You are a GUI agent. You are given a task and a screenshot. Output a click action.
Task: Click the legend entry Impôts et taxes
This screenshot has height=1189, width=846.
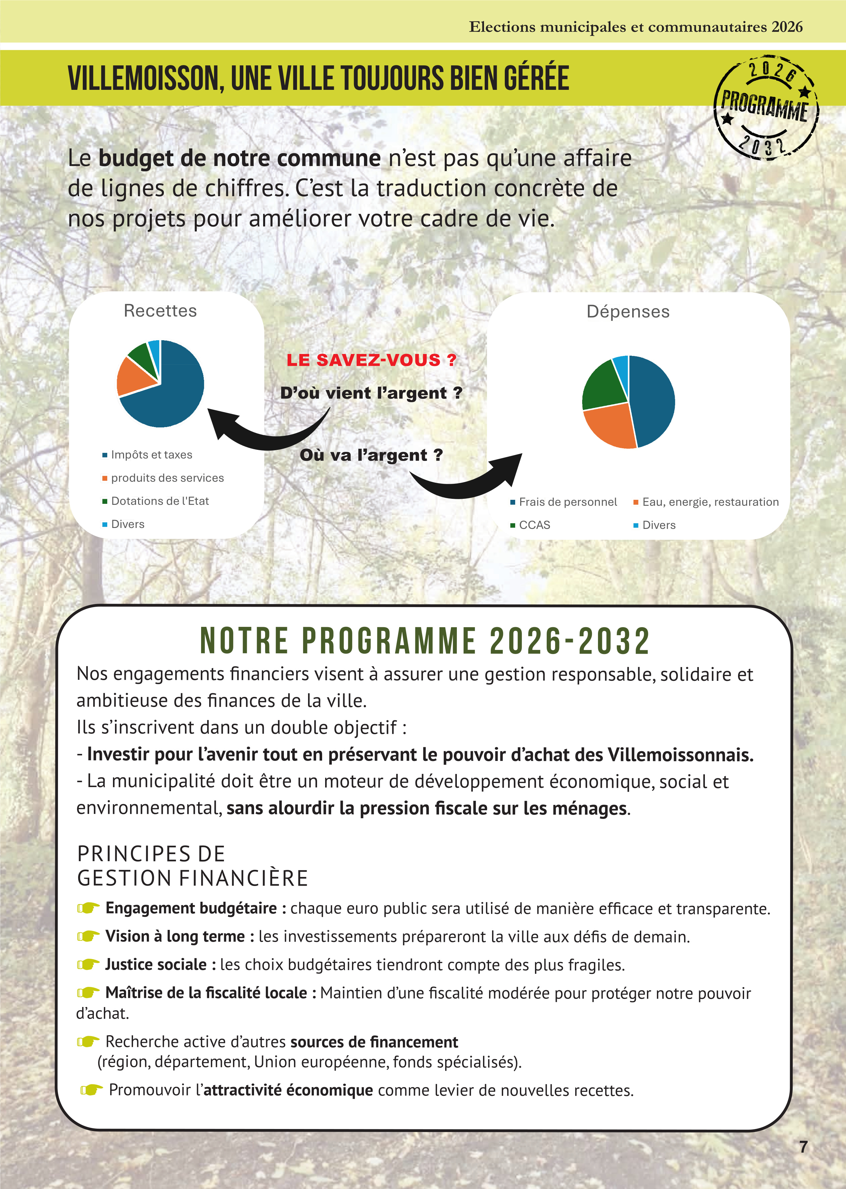tap(151, 455)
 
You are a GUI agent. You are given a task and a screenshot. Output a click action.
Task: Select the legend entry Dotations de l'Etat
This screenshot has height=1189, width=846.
tap(160, 501)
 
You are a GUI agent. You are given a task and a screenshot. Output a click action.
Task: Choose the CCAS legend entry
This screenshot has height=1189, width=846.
tap(534, 525)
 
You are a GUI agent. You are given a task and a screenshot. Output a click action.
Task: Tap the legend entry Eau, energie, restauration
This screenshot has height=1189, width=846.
tap(710, 502)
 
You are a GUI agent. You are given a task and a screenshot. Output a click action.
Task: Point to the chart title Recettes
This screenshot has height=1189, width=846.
tap(160, 311)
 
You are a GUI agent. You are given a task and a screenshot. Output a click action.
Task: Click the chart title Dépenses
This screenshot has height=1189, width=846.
tap(628, 311)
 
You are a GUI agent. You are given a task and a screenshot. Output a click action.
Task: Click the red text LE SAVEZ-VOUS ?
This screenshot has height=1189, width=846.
tap(371, 360)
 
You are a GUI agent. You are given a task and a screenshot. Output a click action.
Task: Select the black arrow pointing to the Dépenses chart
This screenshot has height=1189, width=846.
tap(469, 479)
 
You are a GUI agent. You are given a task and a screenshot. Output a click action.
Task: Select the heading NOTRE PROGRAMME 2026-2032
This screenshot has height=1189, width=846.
tap(425, 641)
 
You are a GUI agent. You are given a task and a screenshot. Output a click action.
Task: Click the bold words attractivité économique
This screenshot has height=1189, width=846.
tap(288, 1090)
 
